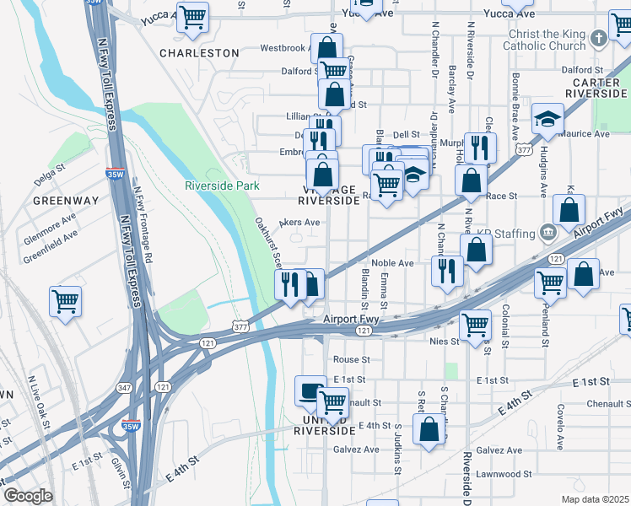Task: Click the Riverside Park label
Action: click(222, 186)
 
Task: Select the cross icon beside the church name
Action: click(598, 38)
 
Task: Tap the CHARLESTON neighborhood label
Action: click(200, 52)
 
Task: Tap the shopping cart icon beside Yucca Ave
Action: click(193, 16)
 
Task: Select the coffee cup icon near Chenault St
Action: click(310, 390)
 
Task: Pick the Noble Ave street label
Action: click(392, 263)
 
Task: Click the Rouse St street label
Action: click(346, 359)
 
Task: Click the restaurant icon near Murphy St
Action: click(480, 148)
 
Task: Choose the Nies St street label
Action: click(445, 342)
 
